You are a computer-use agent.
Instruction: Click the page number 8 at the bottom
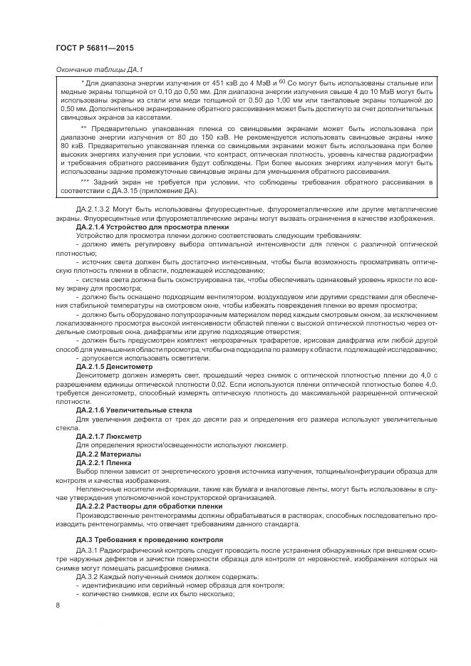[x=57, y=605]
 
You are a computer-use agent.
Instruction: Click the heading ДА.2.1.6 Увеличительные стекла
[x=130, y=411]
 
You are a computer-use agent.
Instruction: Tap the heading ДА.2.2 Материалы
[x=108, y=454]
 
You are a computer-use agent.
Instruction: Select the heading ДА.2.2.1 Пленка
[x=104, y=463]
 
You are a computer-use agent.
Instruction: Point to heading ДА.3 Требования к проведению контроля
[x=149, y=540]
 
